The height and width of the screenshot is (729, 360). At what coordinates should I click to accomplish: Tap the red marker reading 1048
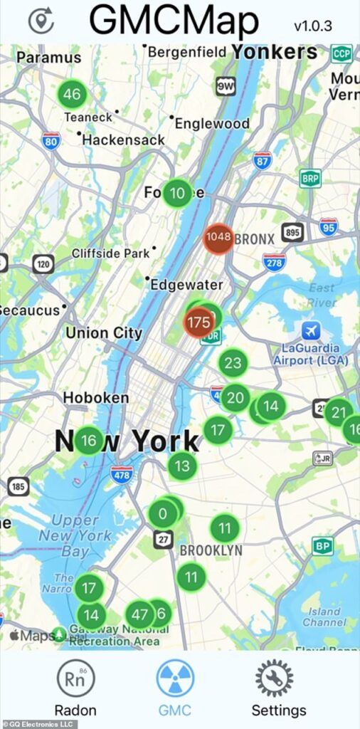coord(218,237)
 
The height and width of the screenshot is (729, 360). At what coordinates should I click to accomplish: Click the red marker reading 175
coord(198,322)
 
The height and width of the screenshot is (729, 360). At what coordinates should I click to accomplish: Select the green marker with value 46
coord(72,94)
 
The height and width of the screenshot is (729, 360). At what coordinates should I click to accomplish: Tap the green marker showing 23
coord(233,363)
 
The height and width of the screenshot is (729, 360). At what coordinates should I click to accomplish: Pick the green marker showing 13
coord(183,466)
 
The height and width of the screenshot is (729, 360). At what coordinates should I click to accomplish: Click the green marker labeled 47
coord(140,615)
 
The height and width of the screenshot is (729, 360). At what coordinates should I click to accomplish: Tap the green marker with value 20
coord(235,397)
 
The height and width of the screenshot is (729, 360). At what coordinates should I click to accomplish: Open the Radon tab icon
coord(75,677)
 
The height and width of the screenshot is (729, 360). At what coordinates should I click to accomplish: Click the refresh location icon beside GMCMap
coord(41,21)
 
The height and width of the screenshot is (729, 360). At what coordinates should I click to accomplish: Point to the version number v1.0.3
coord(314,26)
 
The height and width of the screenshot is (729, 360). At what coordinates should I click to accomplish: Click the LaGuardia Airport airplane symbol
coord(311,331)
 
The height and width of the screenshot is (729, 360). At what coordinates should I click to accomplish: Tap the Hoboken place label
coord(96,397)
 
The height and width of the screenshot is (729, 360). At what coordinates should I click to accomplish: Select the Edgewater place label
coord(186,284)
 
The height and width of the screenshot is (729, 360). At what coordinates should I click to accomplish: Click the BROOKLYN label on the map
coord(211,550)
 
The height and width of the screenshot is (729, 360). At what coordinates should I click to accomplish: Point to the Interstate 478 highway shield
coord(121,474)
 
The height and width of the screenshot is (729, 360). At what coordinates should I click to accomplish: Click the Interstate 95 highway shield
coord(329,227)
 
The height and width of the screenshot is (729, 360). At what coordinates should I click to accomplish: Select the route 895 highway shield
coord(292,232)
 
